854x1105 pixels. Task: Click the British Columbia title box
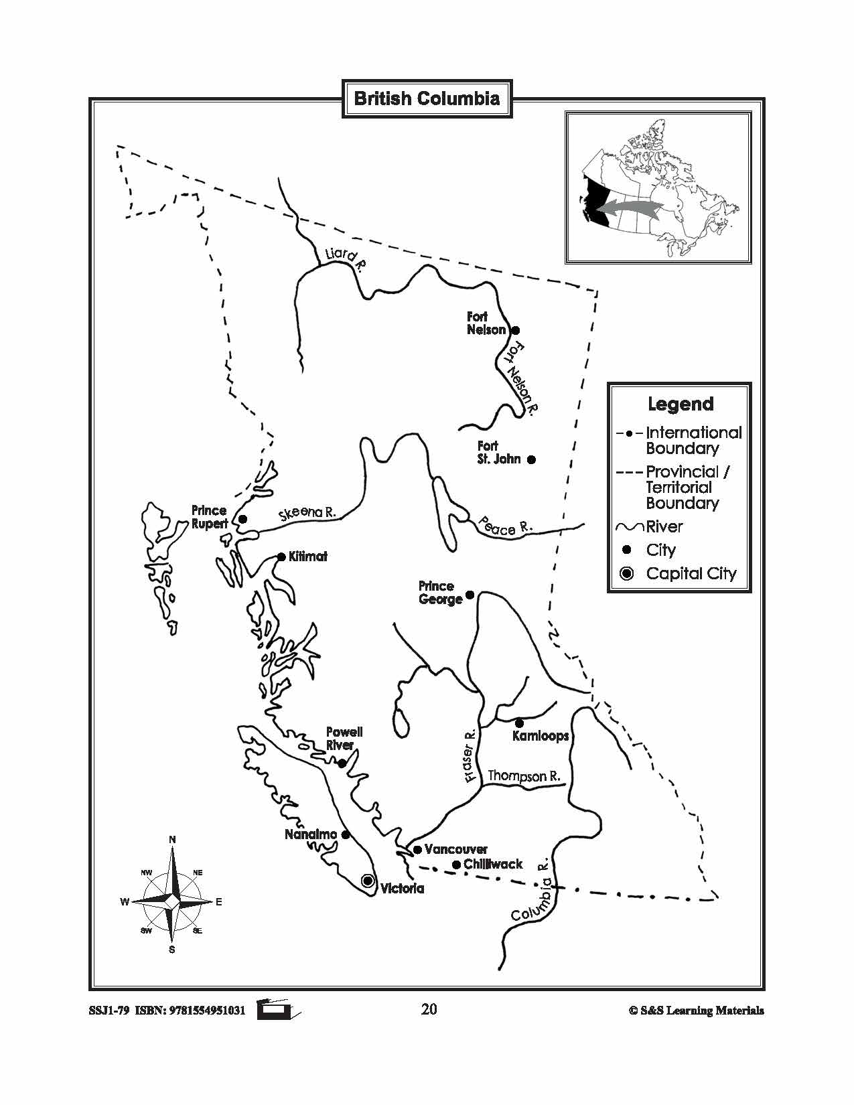tap(427, 99)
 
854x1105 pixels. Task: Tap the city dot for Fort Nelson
tap(516, 330)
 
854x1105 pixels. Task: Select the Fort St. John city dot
tap(531, 459)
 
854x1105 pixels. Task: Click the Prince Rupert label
tap(210, 517)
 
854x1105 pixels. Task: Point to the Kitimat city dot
tap(282, 557)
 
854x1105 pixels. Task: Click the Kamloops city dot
tap(519, 723)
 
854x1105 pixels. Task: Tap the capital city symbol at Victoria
tap(367, 881)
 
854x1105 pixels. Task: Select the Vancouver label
tap(456, 849)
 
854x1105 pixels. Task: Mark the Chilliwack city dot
tap(456, 865)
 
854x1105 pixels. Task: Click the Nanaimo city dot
tap(346, 834)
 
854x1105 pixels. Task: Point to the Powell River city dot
tap(342, 763)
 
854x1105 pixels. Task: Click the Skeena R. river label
tap(307, 513)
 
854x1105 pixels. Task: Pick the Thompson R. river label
tap(524, 776)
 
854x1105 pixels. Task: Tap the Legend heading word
tap(681, 404)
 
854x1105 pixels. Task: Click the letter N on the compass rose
tap(172, 840)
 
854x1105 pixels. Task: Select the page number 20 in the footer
tap(429, 1009)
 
